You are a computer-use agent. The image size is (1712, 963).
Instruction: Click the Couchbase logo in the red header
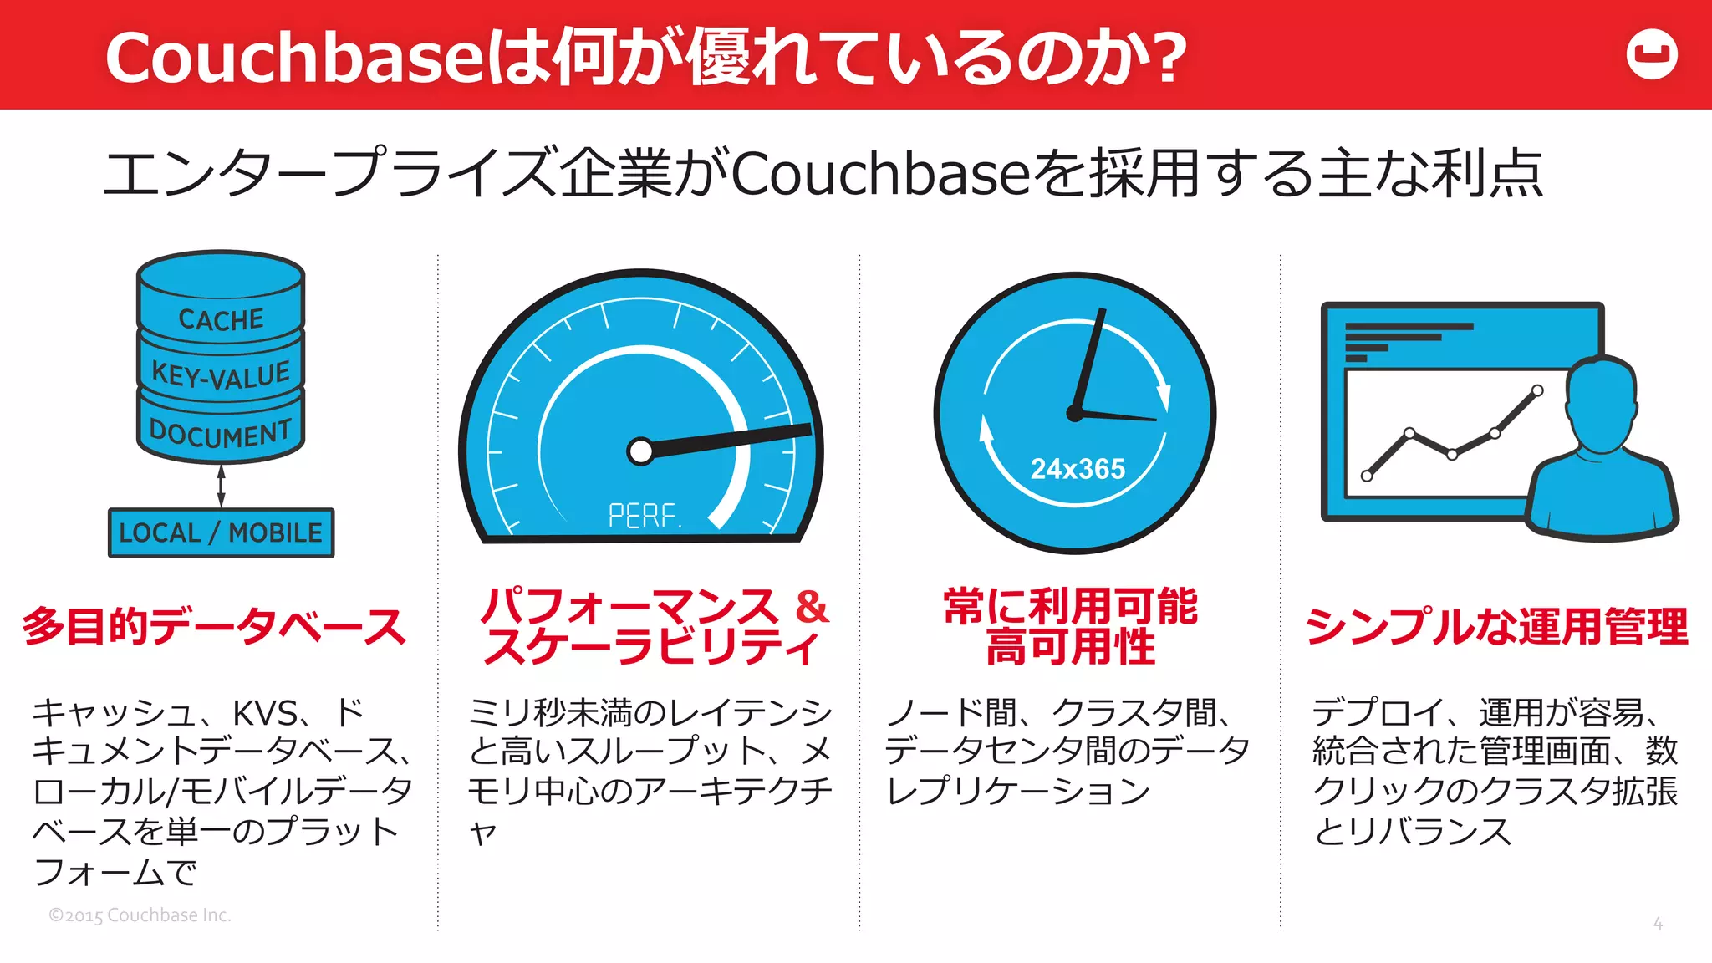click(x=1652, y=55)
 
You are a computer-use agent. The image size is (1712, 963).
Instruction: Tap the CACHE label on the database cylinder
click(x=221, y=319)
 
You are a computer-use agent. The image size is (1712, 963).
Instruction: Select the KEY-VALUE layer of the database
click(x=221, y=374)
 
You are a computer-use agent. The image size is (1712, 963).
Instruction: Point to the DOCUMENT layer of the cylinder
click(x=221, y=433)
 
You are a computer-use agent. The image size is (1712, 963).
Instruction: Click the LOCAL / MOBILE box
click(x=221, y=532)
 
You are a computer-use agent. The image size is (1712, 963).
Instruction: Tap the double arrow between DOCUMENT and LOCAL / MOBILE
click(x=221, y=486)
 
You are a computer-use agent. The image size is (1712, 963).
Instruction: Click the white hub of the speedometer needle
click(x=640, y=451)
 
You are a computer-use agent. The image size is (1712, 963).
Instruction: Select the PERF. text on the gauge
click(x=644, y=516)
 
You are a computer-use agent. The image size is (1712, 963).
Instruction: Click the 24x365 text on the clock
click(x=1078, y=469)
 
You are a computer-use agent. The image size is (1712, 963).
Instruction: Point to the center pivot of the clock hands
click(x=1075, y=413)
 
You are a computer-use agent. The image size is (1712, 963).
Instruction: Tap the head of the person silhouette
click(x=1600, y=401)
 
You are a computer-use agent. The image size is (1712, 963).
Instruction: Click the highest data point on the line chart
click(x=1537, y=390)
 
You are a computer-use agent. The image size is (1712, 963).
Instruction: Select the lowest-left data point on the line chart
click(x=1367, y=476)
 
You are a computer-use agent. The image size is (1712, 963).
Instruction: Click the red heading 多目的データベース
click(x=214, y=626)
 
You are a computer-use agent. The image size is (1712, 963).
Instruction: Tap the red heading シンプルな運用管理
click(x=1496, y=626)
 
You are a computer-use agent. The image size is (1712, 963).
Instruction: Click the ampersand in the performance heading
click(x=811, y=606)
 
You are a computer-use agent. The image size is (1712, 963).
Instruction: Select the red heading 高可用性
click(x=1071, y=648)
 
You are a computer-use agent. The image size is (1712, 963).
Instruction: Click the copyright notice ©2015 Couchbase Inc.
click(x=140, y=915)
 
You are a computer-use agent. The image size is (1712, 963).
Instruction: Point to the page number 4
click(x=1658, y=924)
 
